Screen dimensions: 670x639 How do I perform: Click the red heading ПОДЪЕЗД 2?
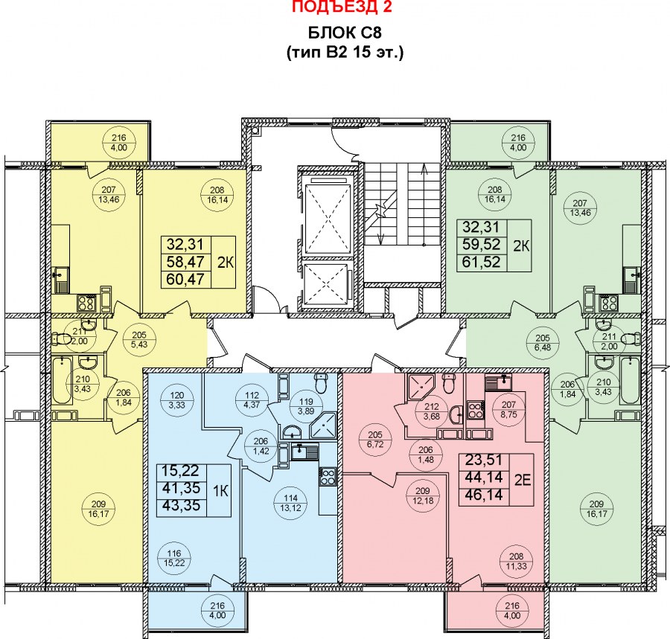pyautogui.click(x=342, y=7)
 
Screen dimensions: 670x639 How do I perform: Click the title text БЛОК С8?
pyautogui.click(x=345, y=33)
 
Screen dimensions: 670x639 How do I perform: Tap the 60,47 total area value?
pyautogui.click(x=185, y=280)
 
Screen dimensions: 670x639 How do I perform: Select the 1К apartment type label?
pyautogui.click(x=221, y=491)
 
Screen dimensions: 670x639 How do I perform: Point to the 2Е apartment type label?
pyautogui.click(x=522, y=481)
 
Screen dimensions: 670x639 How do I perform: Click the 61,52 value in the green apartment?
pyautogui.click(x=481, y=262)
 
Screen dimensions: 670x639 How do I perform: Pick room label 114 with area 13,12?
pyautogui.click(x=290, y=503)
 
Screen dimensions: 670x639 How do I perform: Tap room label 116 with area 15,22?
pyautogui.click(x=174, y=559)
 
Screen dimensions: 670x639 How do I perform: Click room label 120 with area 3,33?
pyautogui.click(x=176, y=400)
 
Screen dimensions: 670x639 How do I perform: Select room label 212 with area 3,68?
pyautogui.click(x=432, y=411)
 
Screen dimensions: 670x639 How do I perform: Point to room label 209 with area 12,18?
pyautogui.click(x=422, y=495)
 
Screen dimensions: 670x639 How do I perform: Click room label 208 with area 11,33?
pyautogui.click(x=516, y=562)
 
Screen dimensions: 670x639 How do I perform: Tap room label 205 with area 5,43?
pyautogui.click(x=139, y=340)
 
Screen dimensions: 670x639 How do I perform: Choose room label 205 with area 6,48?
pyautogui.click(x=543, y=343)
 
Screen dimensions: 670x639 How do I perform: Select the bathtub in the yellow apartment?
pyautogui.click(x=63, y=381)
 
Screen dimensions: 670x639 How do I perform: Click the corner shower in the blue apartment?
pyautogui.click(x=324, y=426)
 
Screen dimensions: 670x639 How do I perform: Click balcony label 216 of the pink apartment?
pyautogui.click(x=512, y=611)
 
